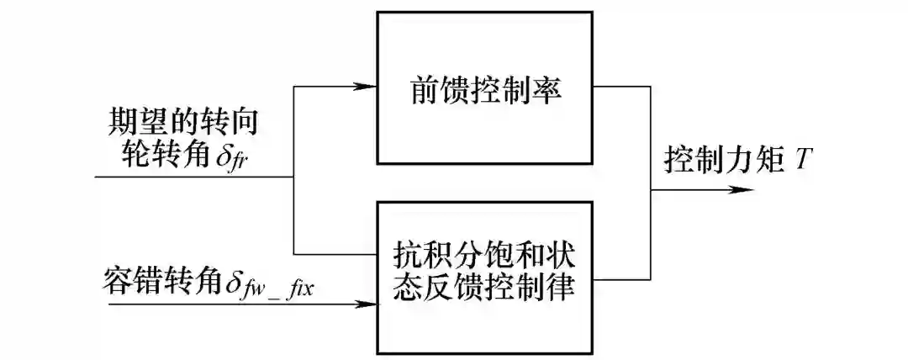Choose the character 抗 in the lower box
[x=405, y=255]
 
